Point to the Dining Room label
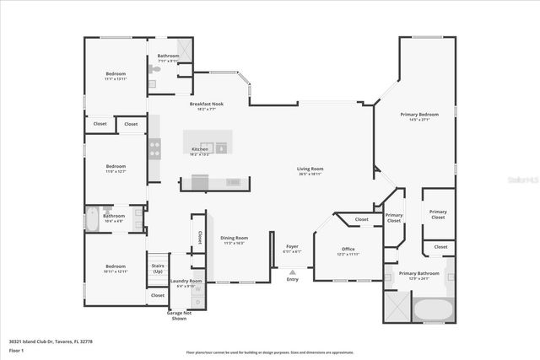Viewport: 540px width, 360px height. [x=234, y=239]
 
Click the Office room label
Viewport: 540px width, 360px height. [x=348, y=250]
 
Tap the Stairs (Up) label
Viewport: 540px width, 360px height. [x=157, y=268]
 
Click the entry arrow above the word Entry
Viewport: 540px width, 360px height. [x=292, y=272]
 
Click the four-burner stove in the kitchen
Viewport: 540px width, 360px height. [x=155, y=149]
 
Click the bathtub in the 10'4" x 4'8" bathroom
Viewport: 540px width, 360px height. [x=93, y=220]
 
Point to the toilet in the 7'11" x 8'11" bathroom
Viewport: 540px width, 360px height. [x=153, y=74]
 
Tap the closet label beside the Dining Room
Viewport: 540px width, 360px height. [x=200, y=237]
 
